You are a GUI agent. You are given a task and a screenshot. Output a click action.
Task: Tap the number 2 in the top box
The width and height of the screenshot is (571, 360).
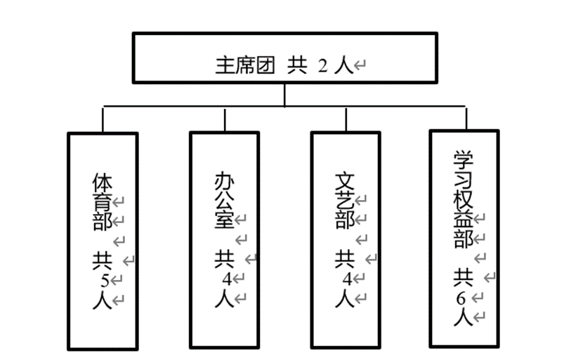tap(322, 67)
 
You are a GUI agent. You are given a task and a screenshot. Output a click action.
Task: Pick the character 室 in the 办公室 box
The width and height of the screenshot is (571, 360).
tap(224, 222)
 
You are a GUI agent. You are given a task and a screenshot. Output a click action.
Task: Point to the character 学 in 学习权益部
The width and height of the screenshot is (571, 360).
tap(462, 161)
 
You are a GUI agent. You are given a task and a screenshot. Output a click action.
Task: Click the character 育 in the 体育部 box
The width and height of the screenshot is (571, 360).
tap(103, 202)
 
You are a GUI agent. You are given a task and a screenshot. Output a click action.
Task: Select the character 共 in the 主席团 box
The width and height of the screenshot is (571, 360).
tap(297, 66)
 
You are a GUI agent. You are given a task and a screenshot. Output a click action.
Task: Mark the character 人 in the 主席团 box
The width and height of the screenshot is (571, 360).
tap(343, 67)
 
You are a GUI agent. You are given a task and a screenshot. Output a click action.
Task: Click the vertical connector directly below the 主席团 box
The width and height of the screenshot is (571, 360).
tap(284, 95)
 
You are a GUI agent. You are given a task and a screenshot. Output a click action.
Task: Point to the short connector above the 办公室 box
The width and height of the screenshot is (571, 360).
tap(225, 119)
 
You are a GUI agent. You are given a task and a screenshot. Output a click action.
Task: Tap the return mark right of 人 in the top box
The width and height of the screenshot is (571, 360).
tap(360, 67)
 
